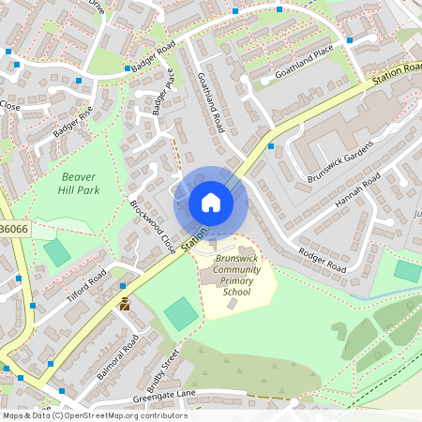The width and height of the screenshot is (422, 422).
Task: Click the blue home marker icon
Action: coord(211,203)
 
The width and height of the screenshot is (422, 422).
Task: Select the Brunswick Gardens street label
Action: coord(340,160)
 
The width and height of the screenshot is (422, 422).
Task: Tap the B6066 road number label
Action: coord(14,229)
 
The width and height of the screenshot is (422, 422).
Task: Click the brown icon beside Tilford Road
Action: coord(124,303)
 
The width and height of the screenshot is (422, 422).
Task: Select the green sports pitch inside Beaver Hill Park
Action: coord(57,251)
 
